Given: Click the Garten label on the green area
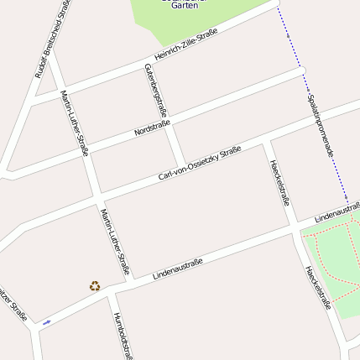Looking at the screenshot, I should (184, 6).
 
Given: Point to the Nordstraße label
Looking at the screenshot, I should (153, 128).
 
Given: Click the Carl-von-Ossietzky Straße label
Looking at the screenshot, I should (201, 164).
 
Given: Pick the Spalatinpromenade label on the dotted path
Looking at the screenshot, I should (321, 126).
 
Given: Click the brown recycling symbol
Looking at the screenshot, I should (95, 286).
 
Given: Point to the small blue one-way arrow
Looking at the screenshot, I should (46, 321).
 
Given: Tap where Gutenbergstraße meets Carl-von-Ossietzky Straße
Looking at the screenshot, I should (182, 164).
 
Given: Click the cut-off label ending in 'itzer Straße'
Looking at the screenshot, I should (12, 304).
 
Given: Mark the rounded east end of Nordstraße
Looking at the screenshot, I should (303, 70).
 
